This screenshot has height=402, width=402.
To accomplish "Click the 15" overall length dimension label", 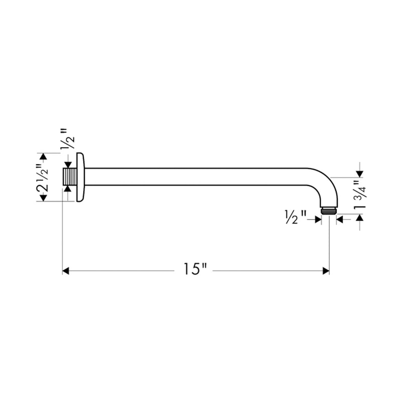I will [195, 270].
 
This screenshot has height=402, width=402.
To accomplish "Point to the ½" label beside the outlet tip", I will [295, 219].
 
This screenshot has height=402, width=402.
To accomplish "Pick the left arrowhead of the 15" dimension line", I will [66, 271].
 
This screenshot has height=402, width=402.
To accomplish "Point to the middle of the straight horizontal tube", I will [201, 176].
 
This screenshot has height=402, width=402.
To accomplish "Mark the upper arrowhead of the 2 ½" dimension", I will [43, 157].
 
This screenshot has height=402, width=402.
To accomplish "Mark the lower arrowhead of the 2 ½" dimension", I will [43, 198].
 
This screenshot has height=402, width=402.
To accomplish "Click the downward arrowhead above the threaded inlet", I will [67, 165].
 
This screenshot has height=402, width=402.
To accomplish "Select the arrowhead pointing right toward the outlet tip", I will [318, 219].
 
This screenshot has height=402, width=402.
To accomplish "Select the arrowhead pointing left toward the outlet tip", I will [340, 219].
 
